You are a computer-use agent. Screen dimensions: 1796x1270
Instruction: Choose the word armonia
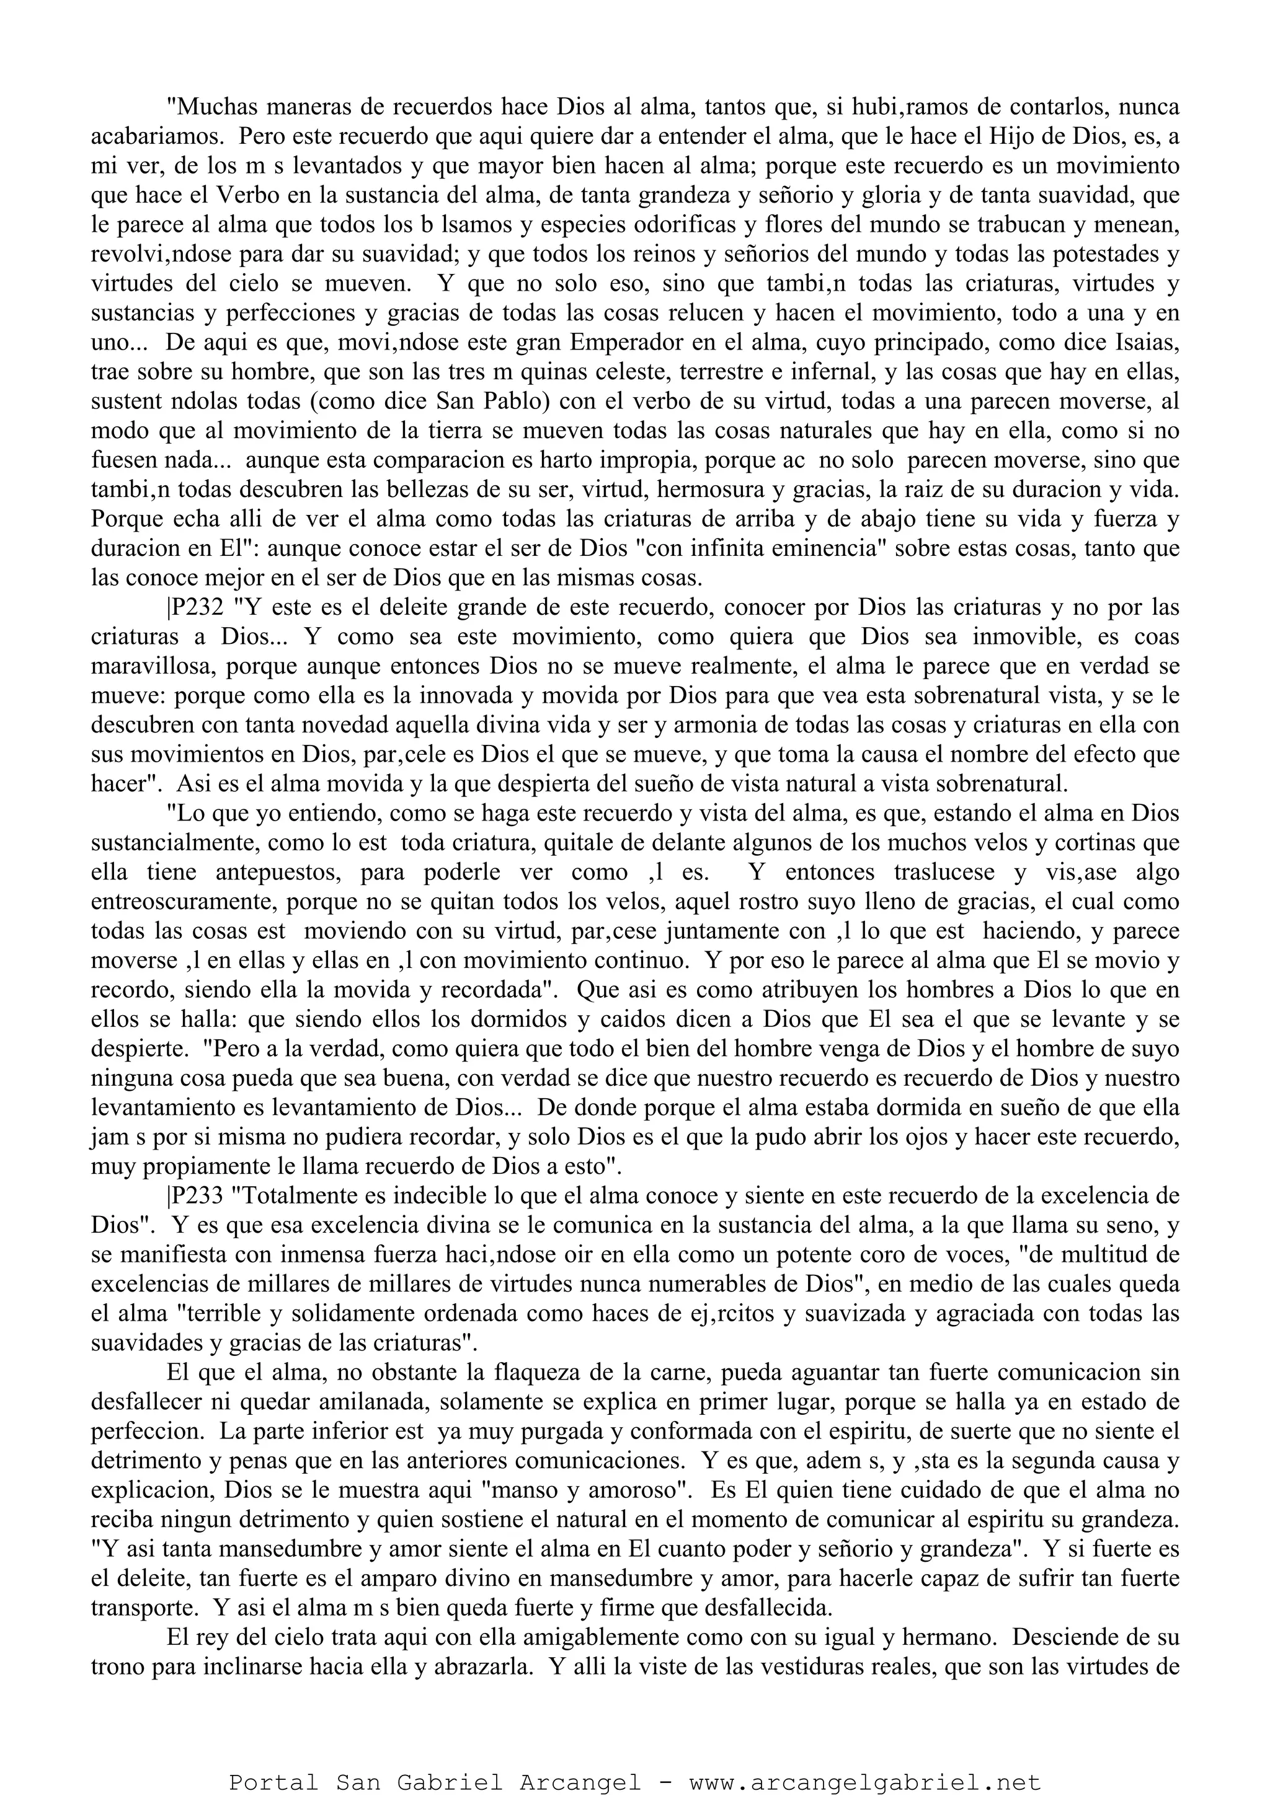coord(696,725)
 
